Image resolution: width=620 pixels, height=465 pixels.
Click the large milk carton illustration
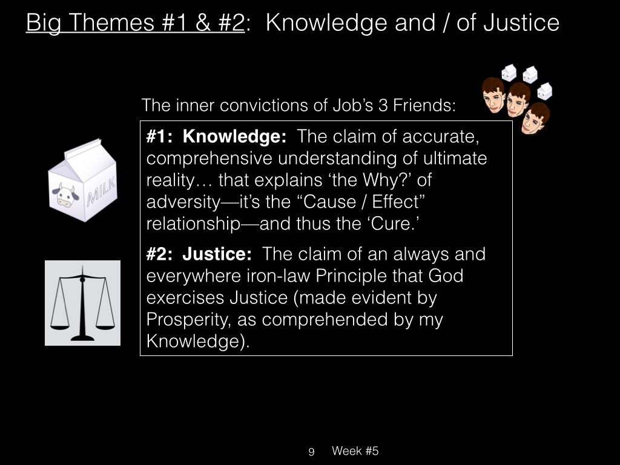[x=82, y=180]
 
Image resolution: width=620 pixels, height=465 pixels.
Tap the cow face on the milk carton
[x=65, y=195]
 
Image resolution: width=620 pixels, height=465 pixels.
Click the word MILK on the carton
[x=102, y=191]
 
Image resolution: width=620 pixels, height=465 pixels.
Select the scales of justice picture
[x=82, y=303]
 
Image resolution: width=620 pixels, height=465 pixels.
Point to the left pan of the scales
[x=60, y=327]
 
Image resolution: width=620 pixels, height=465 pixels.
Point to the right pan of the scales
[x=105, y=327]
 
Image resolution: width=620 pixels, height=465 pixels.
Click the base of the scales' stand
[x=82, y=338]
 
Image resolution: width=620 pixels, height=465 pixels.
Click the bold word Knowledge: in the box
[x=234, y=137]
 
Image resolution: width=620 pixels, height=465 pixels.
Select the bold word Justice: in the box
[x=217, y=254]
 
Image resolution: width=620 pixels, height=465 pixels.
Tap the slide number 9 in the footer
[x=311, y=452]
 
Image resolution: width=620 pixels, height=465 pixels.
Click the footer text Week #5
[x=355, y=450]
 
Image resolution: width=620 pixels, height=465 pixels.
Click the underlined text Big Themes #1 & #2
[x=135, y=22]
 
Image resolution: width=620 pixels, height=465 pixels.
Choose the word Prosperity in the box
[x=188, y=320]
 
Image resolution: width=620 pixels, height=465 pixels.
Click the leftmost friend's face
[x=493, y=95]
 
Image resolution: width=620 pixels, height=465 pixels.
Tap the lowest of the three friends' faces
[x=535, y=118]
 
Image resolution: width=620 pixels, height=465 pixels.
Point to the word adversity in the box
[x=183, y=202]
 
